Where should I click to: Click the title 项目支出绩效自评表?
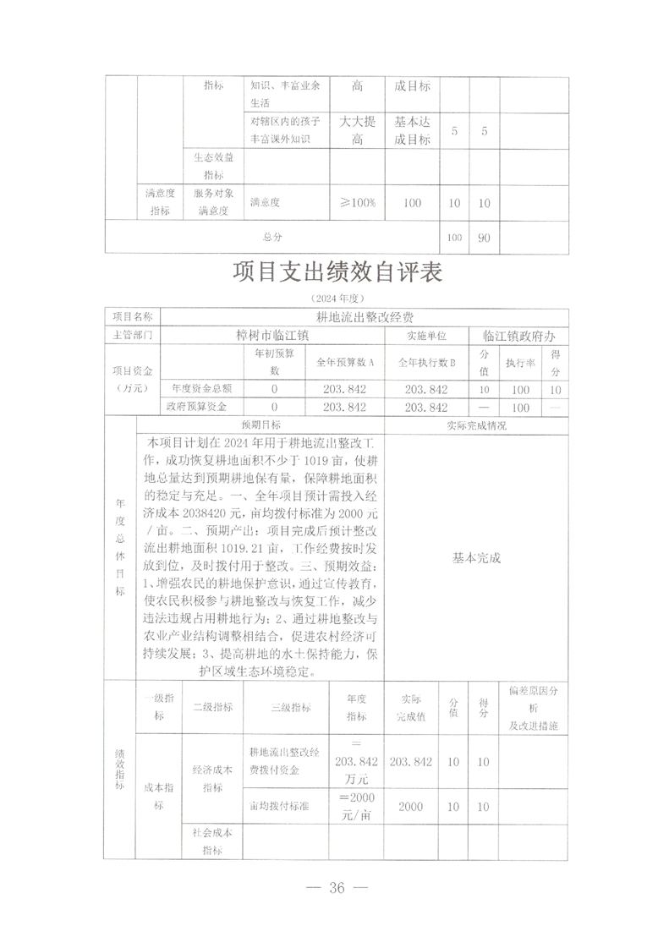[337, 275]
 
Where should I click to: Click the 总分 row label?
[272, 238]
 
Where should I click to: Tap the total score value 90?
[485, 238]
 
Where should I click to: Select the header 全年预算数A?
[345, 362]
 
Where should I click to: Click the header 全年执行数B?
[427, 362]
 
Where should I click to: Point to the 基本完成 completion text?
[477, 558]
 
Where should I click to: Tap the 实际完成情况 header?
[476, 425]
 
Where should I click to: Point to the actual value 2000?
[411, 807]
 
